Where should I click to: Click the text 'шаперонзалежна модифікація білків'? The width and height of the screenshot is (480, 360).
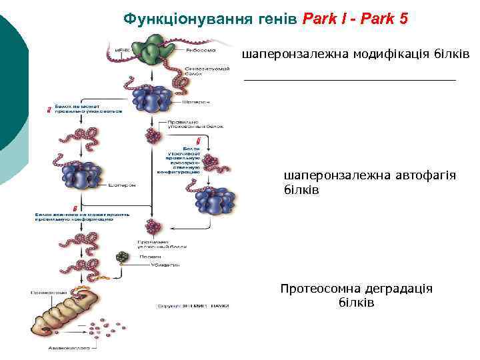coord(356,53)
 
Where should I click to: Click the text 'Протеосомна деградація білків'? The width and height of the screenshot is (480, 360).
coord(357,295)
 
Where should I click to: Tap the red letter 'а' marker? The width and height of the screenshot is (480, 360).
coord(50,109)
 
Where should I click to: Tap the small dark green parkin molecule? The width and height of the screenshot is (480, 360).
coord(121,256)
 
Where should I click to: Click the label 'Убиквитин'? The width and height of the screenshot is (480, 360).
coord(152,264)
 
